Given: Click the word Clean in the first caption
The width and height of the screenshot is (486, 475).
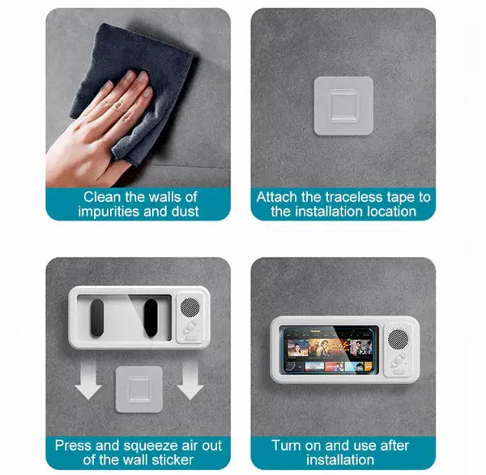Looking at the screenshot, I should (101, 196).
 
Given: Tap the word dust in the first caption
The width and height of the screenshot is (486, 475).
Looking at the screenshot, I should (182, 212).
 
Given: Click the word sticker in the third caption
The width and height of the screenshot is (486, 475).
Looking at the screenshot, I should (172, 460).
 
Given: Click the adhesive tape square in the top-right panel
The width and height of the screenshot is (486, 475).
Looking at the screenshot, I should (343, 105).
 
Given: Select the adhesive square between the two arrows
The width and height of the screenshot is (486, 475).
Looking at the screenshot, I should (139, 389).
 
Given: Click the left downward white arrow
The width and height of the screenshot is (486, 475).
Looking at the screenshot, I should (88, 383).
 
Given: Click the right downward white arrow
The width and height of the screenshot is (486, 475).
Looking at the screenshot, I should (190, 383).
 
